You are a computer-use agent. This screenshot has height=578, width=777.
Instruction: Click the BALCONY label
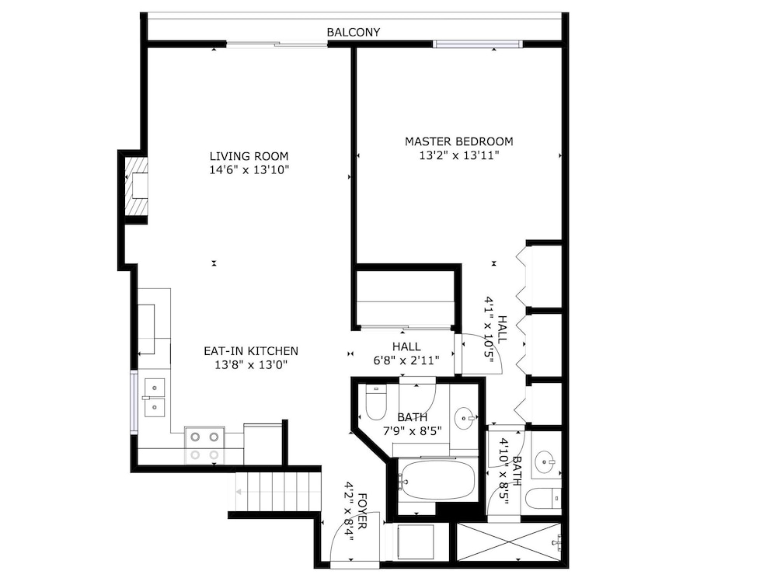point(354,32)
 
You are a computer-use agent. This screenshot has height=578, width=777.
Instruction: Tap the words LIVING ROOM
point(249,156)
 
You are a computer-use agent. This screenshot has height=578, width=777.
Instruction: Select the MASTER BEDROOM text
point(459,141)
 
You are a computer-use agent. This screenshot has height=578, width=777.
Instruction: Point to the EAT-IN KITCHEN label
point(251,350)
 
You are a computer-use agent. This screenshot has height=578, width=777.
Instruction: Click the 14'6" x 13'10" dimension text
point(249,170)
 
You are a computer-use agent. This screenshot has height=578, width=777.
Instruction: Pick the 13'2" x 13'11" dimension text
point(459,155)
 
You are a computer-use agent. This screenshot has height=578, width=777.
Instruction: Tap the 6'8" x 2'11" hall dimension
point(406,360)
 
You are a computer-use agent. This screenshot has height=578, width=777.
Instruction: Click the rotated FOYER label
point(362,510)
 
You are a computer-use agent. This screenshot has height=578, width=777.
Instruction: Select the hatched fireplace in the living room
point(136,186)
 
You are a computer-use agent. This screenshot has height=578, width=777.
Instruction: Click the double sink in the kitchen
point(154,398)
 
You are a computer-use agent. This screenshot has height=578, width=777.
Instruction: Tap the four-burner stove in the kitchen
point(204,445)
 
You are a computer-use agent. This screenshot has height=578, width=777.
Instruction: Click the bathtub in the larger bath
point(437,480)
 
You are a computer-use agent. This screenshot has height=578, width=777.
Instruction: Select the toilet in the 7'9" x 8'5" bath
point(375,402)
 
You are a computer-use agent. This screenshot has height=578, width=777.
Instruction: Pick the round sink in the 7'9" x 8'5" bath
point(465,418)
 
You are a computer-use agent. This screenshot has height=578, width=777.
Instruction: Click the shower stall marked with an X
point(509,541)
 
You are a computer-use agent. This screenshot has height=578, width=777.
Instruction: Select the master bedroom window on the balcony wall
point(478,44)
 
